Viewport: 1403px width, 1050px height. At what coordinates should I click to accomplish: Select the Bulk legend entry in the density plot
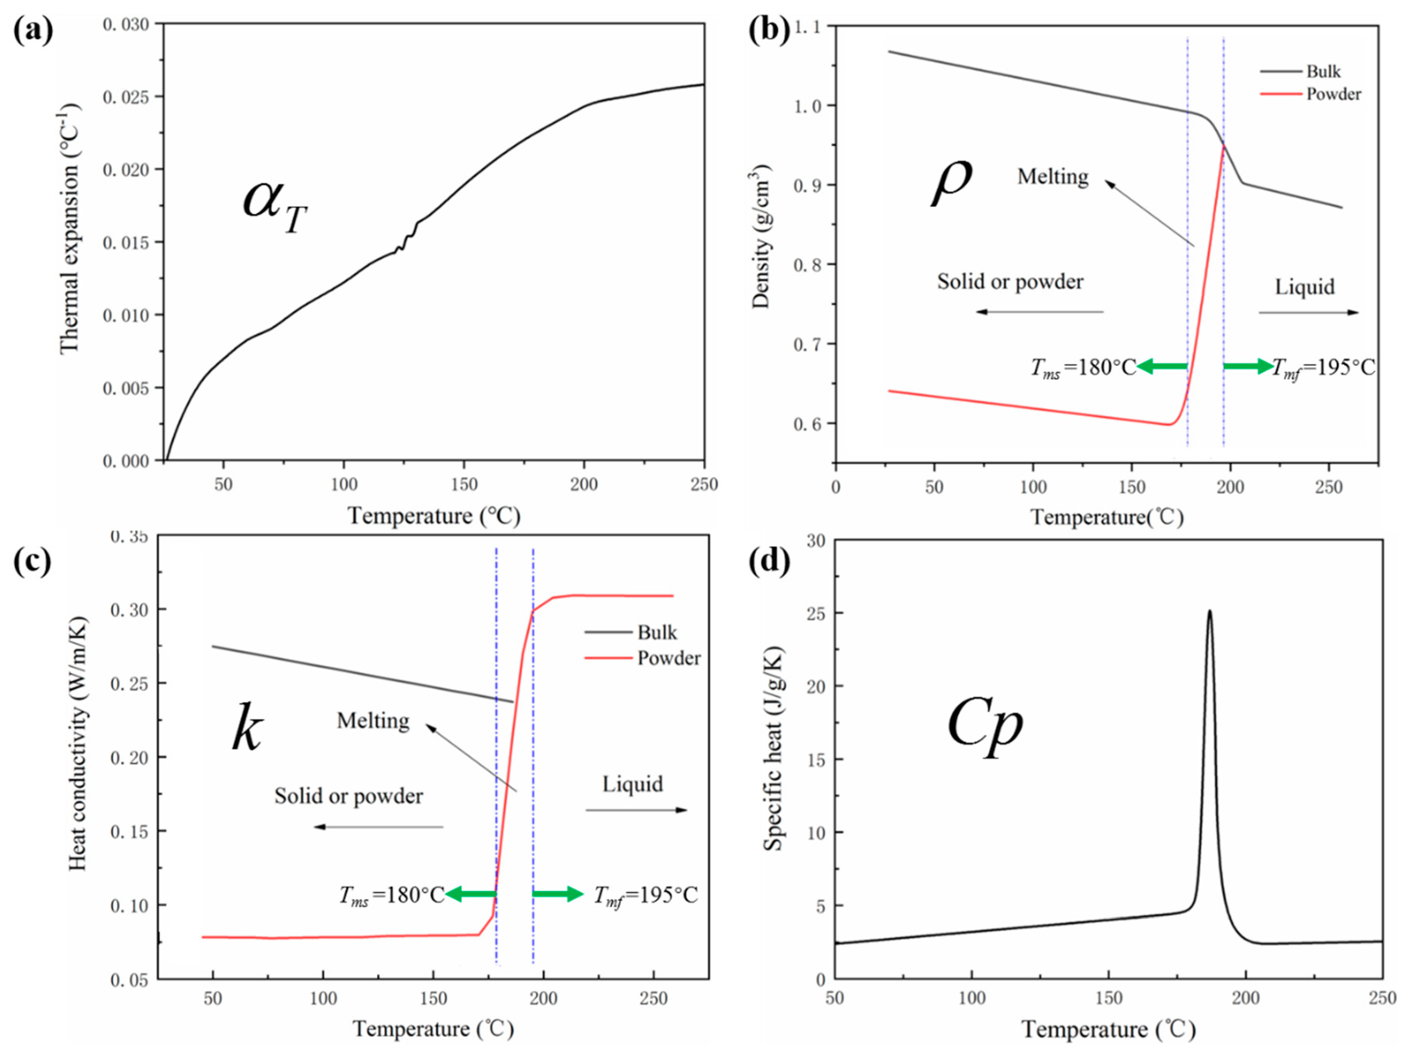point(1322,72)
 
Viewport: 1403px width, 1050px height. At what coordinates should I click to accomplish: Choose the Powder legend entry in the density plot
point(1332,94)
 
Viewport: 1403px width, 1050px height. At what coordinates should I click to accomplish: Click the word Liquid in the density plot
point(1305,287)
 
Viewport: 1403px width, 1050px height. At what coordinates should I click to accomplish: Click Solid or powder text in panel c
point(348,796)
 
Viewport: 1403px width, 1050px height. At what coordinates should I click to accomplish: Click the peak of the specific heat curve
point(1209,611)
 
